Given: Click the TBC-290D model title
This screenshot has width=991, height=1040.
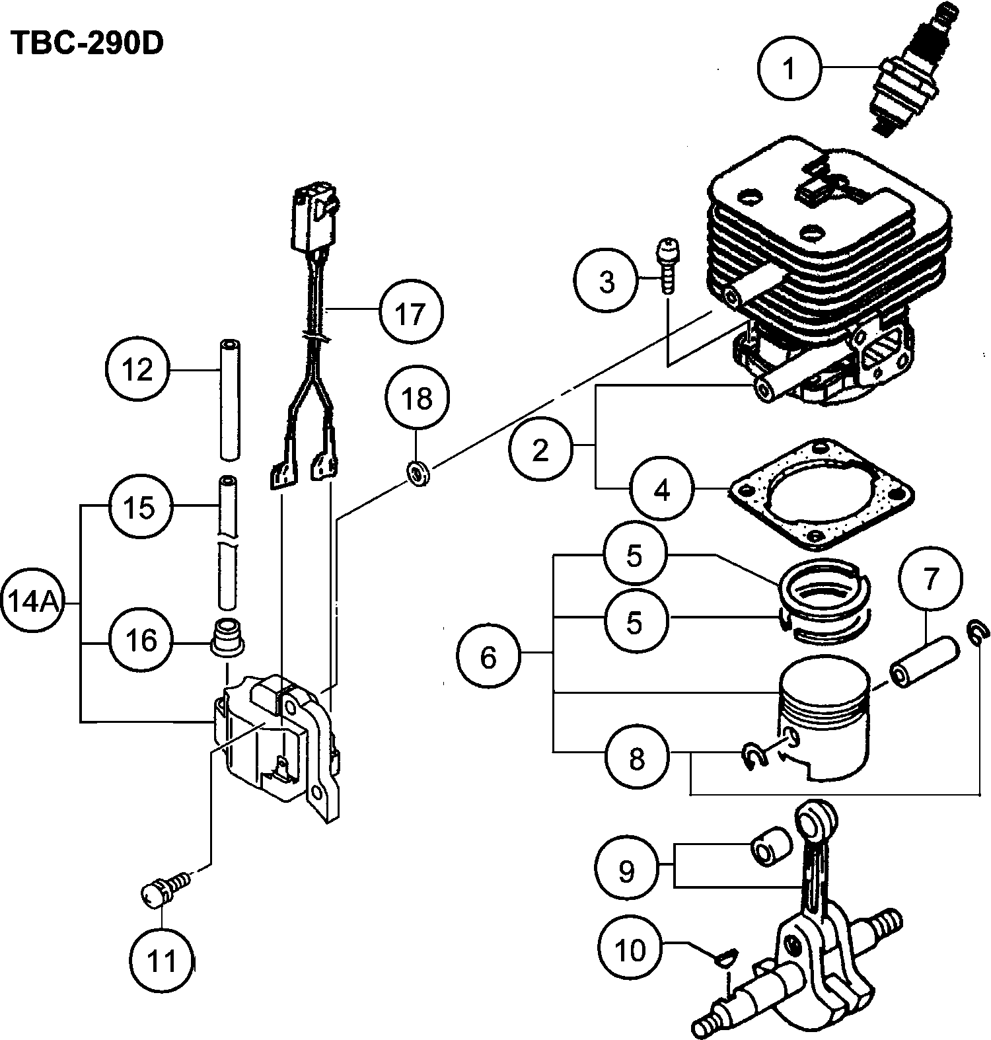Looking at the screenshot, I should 87,44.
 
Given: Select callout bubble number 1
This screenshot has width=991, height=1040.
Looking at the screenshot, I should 789,67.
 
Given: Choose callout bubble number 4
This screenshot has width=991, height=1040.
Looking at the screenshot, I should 662,489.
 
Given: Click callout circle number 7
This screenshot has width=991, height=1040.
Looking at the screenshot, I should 930,578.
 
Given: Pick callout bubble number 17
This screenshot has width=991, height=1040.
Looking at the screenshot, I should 411,313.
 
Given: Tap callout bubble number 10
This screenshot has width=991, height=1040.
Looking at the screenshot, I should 630,950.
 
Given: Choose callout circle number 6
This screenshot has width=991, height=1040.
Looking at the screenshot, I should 488,657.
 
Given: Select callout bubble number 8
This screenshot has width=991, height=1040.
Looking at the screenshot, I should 636,758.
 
